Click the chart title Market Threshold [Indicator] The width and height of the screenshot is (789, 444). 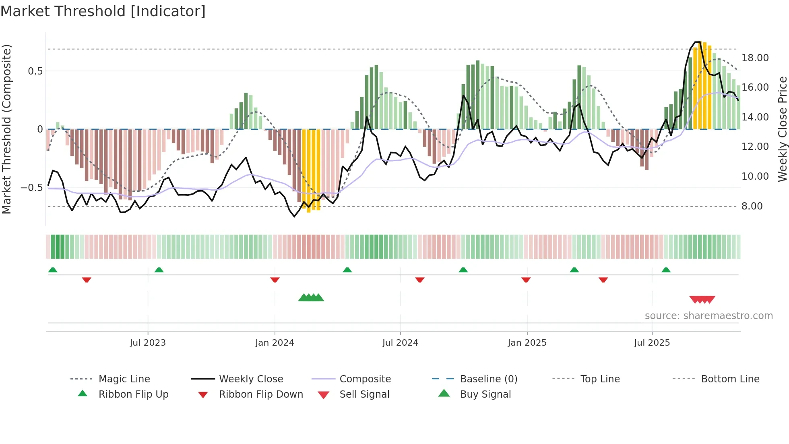click(103, 11)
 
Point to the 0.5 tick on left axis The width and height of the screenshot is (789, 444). click(35, 71)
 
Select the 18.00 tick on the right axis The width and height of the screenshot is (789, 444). click(755, 58)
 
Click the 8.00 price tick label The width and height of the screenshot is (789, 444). click(752, 206)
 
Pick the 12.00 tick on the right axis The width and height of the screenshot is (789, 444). click(755, 147)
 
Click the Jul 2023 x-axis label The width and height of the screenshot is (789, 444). click(148, 343)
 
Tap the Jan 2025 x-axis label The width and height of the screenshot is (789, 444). click(527, 343)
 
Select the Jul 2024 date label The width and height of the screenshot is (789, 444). click(400, 343)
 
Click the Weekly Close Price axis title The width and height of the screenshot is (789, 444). click(782, 129)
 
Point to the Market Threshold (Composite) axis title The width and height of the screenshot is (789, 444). click(6, 129)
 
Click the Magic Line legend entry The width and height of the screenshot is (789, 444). click(124, 379)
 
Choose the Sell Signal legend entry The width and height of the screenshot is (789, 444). click(364, 394)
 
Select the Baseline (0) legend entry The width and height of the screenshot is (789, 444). click(488, 379)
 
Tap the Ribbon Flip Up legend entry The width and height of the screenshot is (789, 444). click(133, 394)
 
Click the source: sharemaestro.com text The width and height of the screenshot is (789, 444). click(708, 316)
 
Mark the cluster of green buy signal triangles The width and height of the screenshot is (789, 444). click(311, 298)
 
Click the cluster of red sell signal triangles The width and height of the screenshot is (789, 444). click(702, 299)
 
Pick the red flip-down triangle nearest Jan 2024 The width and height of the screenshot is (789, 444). click(275, 280)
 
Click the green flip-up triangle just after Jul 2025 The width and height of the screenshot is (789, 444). click(666, 270)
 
